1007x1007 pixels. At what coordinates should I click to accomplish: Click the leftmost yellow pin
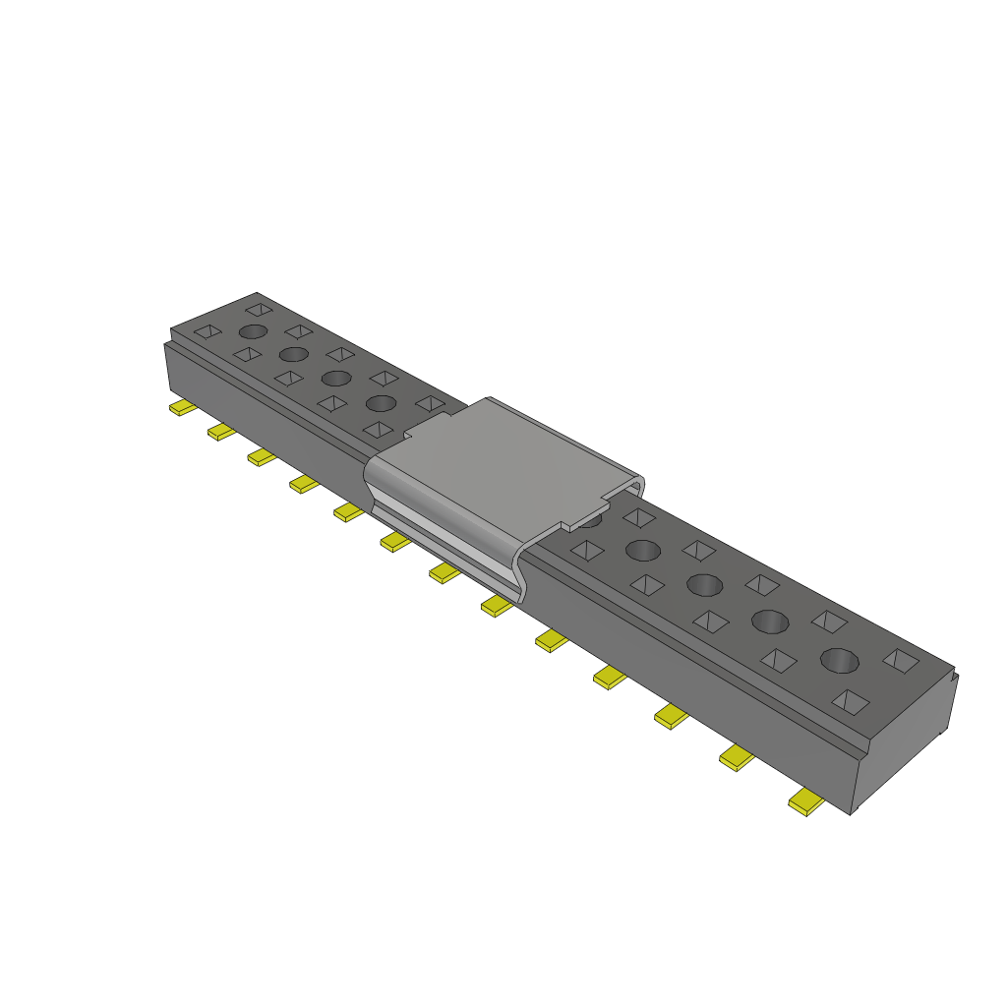[181, 408]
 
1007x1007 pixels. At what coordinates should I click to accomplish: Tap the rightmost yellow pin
[806, 803]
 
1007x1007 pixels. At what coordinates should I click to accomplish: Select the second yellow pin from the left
[221, 432]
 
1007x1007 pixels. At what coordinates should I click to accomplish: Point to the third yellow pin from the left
[262, 456]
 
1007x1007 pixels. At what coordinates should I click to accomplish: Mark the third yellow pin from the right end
[672, 717]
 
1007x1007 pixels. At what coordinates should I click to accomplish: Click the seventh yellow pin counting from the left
[445, 572]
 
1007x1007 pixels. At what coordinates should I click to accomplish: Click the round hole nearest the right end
[839, 660]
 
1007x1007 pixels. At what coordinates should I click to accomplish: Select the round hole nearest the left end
[253, 332]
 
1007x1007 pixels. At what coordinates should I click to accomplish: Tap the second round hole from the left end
[294, 354]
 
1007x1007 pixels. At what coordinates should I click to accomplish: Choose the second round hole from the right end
[770, 622]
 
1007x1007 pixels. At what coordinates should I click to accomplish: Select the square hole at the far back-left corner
[258, 309]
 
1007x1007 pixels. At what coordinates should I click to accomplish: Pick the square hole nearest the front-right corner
[852, 701]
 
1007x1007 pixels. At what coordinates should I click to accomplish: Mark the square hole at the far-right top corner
[901, 660]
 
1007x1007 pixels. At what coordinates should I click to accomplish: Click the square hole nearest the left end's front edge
[207, 331]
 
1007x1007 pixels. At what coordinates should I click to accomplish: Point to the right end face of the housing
[905, 738]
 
